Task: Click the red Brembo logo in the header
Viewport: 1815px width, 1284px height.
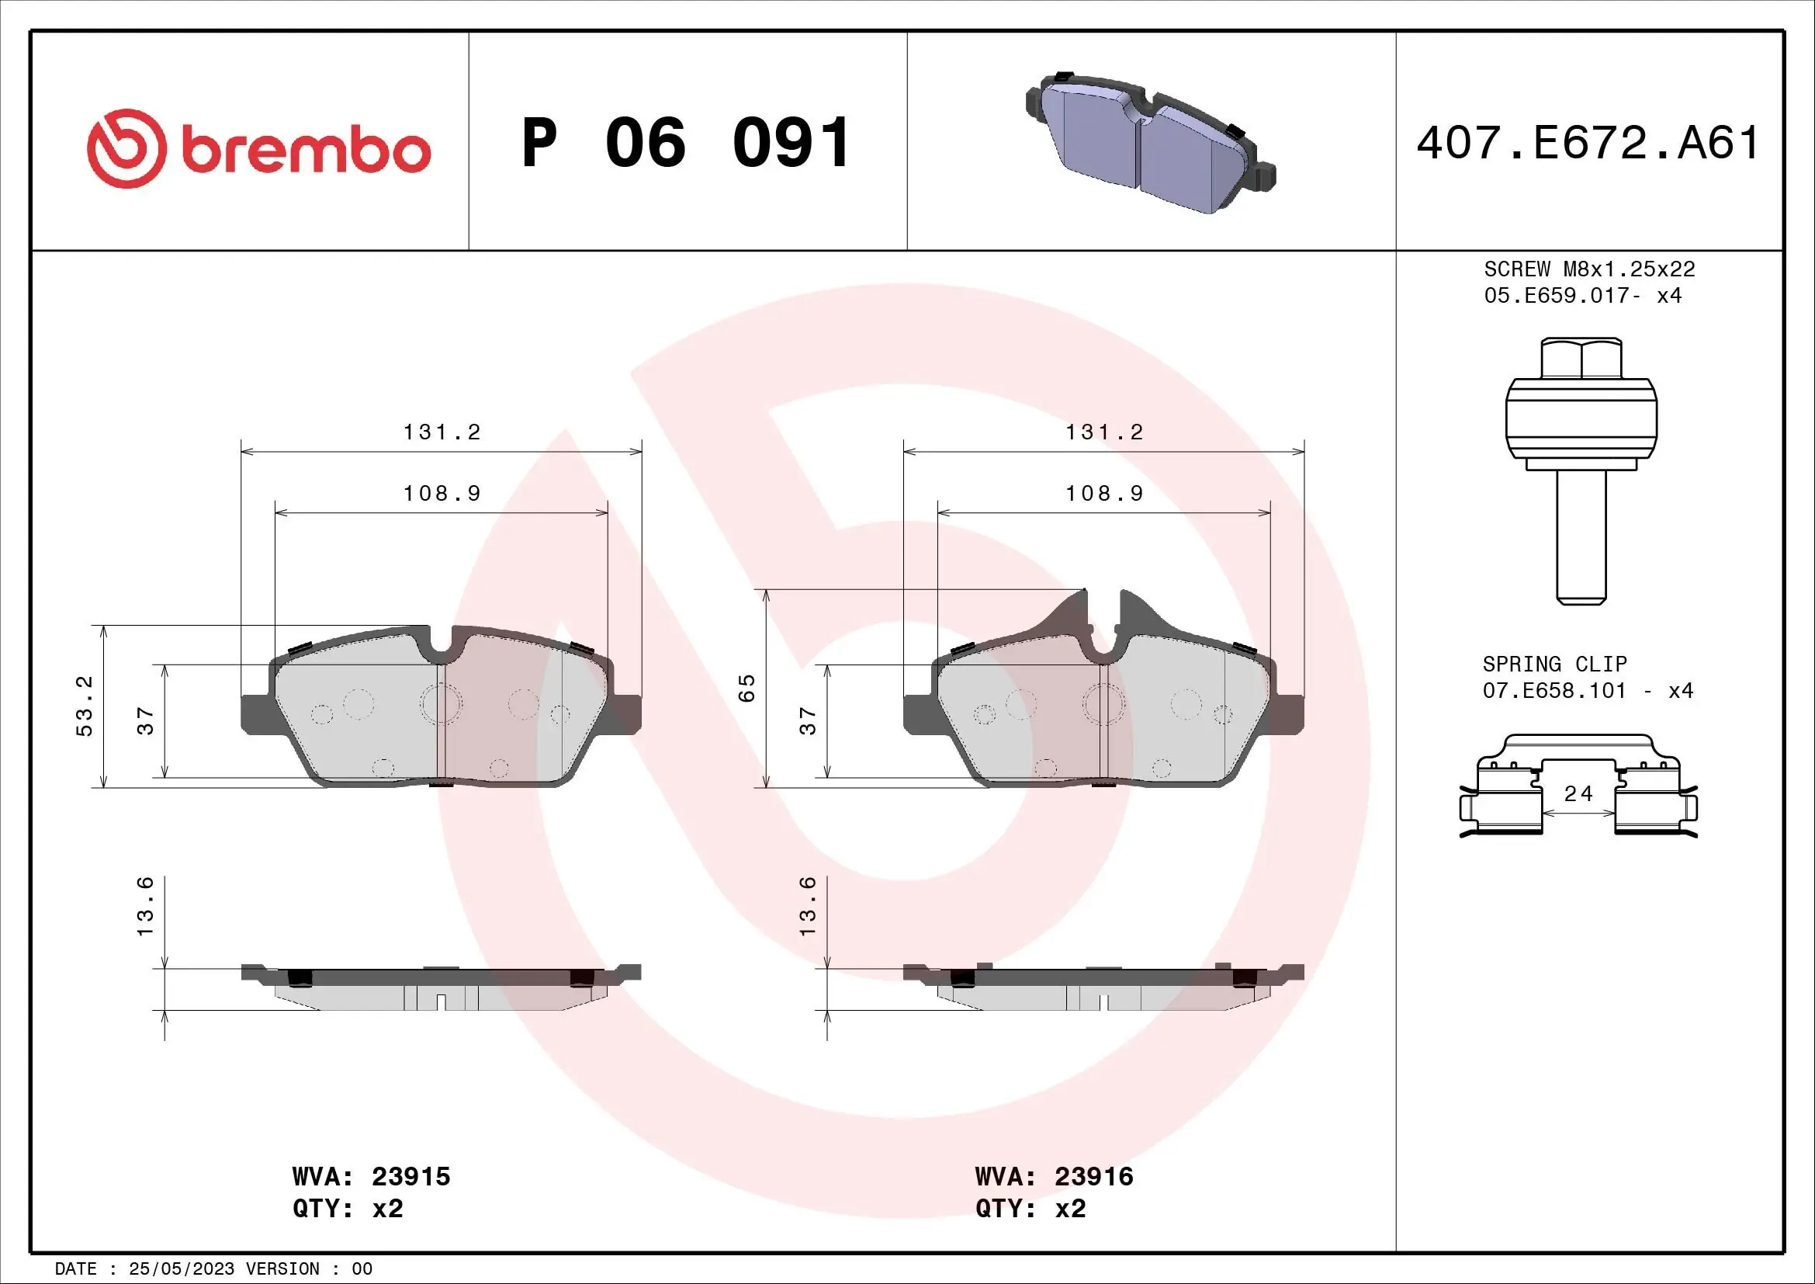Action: [x=258, y=148]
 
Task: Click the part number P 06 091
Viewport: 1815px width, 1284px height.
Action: [x=686, y=143]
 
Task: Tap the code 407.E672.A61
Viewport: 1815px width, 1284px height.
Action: [x=1588, y=143]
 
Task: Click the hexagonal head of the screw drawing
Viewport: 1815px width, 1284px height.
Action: [x=1581, y=359]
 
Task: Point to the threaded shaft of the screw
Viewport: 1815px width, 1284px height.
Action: [x=1581, y=538]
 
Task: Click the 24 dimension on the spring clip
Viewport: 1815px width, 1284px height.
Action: [x=1578, y=794]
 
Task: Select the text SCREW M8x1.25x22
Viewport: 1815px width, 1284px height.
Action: [x=1589, y=269]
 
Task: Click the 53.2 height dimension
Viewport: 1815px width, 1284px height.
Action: [x=85, y=705]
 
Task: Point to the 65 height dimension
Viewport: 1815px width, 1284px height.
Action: [x=747, y=688]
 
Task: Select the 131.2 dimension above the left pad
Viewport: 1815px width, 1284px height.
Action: [x=442, y=432]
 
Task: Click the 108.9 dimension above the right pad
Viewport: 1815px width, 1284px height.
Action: [x=1104, y=494]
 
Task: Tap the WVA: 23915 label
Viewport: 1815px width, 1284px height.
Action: [x=371, y=1175]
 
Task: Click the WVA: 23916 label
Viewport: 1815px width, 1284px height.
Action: [x=1054, y=1175]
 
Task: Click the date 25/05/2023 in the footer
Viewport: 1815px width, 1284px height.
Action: [x=181, y=1268]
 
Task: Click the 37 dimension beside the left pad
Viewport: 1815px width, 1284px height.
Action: [x=145, y=720]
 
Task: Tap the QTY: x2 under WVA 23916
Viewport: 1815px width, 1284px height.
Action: [x=1030, y=1208]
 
